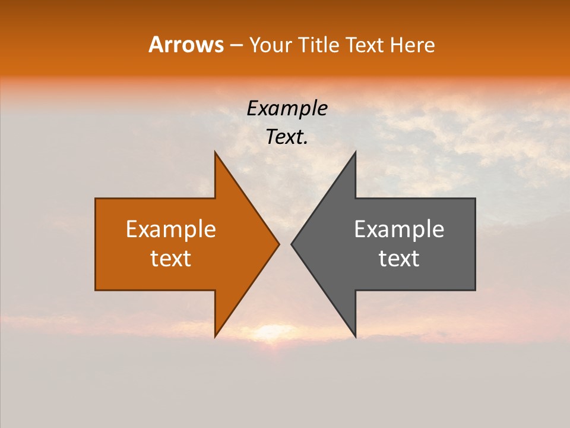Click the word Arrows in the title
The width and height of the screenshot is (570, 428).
click(x=186, y=45)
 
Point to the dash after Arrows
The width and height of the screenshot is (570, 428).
click(x=236, y=46)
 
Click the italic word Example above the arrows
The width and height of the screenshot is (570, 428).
click(x=287, y=109)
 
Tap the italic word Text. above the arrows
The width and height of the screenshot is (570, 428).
click(x=287, y=137)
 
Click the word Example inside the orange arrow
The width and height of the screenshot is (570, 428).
click(x=171, y=229)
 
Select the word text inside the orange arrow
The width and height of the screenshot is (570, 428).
click(x=171, y=259)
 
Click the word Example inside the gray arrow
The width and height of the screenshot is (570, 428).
click(x=399, y=229)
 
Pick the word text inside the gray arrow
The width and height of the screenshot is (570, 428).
click(x=399, y=259)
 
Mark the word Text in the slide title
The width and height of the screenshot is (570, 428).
click(x=364, y=45)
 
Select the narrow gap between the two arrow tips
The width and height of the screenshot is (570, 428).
click(x=285, y=244)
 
